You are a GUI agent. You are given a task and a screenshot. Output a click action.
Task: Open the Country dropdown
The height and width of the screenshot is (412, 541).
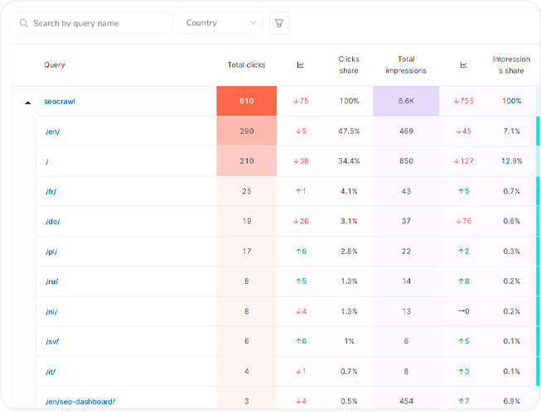[221, 23]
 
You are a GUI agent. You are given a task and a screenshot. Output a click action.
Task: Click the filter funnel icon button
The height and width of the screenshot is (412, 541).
[280, 23]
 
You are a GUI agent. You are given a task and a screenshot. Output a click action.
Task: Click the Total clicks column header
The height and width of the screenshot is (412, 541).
[246, 65]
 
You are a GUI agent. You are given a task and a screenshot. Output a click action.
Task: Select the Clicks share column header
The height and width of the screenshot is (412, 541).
[348, 65]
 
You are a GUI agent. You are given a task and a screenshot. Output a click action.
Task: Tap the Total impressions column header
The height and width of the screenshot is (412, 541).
[406, 65]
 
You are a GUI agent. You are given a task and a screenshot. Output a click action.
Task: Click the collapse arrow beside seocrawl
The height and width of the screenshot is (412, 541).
[27, 102]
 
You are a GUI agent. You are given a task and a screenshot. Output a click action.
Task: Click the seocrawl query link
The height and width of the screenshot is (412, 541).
[60, 101]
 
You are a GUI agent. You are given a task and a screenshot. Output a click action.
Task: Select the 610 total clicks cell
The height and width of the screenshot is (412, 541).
[246, 101]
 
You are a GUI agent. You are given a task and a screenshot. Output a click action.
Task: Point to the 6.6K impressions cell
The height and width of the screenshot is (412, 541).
[406, 101]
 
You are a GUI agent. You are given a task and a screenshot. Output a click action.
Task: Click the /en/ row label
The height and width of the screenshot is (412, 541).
[52, 131]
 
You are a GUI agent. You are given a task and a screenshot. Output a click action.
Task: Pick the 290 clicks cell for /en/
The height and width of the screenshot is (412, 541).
[246, 131]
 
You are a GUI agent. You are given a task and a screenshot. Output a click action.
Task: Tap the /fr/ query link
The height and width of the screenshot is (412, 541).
[51, 191]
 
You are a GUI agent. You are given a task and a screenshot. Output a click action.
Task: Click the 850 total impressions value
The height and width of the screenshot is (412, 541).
[406, 161]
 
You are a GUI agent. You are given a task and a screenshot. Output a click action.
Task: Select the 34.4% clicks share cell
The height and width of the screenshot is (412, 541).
[348, 161]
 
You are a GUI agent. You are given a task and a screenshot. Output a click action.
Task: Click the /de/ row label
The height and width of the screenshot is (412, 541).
[52, 221]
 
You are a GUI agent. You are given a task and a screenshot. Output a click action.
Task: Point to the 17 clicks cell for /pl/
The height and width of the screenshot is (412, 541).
[246, 252]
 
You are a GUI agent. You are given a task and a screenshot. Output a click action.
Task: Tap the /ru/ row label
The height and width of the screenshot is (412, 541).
[51, 281]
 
